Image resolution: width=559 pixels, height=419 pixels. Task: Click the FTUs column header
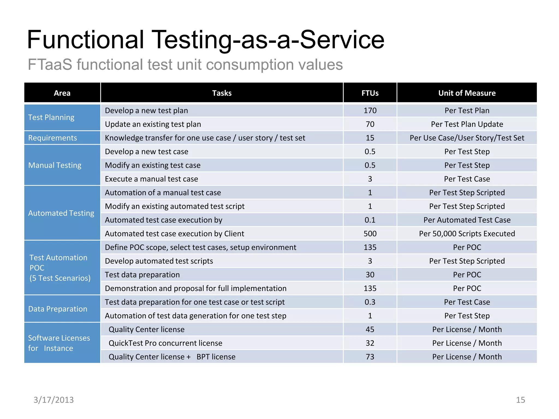click(x=370, y=93)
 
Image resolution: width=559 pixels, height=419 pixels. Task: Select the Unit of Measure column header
click(x=467, y=93)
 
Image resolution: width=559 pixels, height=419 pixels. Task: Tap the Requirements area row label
click(x=52, y=138)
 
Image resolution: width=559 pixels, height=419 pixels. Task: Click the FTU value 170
click(x=370, y=110)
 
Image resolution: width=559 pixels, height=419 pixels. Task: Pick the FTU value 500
click(x=370, y=234)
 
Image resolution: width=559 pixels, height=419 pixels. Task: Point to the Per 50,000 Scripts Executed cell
click(x=467, y=234)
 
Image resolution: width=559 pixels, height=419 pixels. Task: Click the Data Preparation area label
click(x=58, y=309)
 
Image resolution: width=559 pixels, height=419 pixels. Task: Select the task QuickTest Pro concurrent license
click(x=165, y=343)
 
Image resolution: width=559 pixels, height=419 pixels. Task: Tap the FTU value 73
click(x=370, y=357)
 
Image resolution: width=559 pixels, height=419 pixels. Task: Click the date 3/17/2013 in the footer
click(x=53, y=400)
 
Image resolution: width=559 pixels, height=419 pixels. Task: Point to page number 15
click(x=520, y=400)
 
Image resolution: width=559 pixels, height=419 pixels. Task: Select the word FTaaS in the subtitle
click(x=50, y=65)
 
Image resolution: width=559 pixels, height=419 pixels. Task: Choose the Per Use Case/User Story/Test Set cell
click(x=467, y=138)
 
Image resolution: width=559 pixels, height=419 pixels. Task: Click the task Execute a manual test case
click(x=151, y=179)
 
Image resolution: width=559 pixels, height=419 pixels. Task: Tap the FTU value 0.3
click(x=370, y=302)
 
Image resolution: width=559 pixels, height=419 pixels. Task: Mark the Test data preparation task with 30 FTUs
click(x=142, y=275)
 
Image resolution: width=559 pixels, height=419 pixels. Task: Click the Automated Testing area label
click(x=61, y=213)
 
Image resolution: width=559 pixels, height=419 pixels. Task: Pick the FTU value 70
click(x=370, y=124)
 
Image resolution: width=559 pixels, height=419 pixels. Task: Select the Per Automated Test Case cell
click(x=467, y=220)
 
